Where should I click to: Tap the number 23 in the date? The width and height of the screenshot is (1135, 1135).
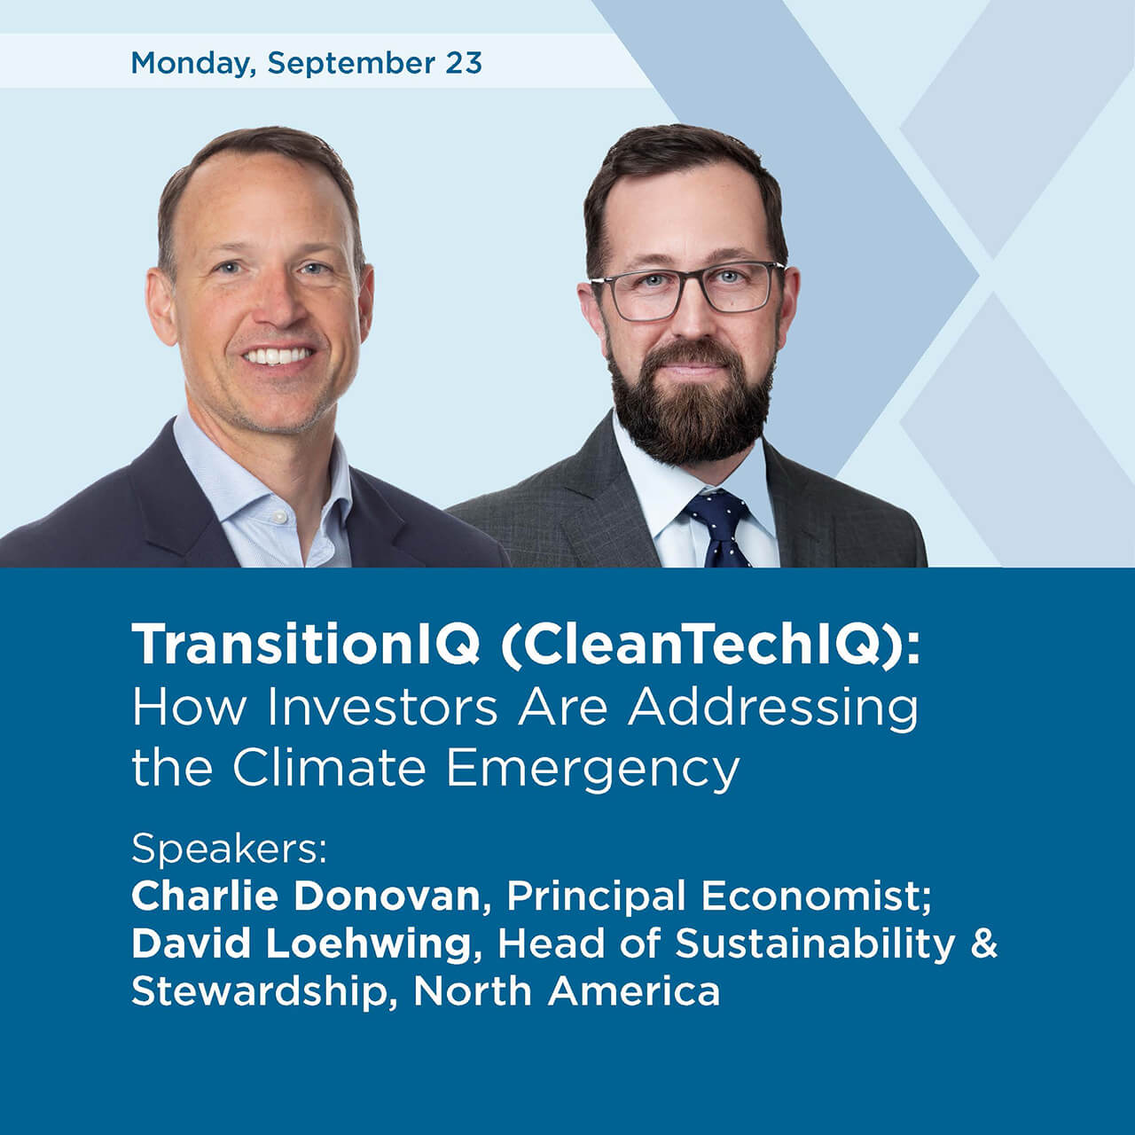click(464, 63)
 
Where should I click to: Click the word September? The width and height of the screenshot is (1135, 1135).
click(350, 65)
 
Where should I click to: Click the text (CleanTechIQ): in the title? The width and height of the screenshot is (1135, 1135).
click(709, 646)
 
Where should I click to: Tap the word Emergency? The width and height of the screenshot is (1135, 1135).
click(591, 768)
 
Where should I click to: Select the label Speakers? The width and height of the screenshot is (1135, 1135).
click(230, 849)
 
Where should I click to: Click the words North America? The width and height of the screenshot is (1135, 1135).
click(567, 990)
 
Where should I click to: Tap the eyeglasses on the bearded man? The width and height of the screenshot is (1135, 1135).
click(686, 290)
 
